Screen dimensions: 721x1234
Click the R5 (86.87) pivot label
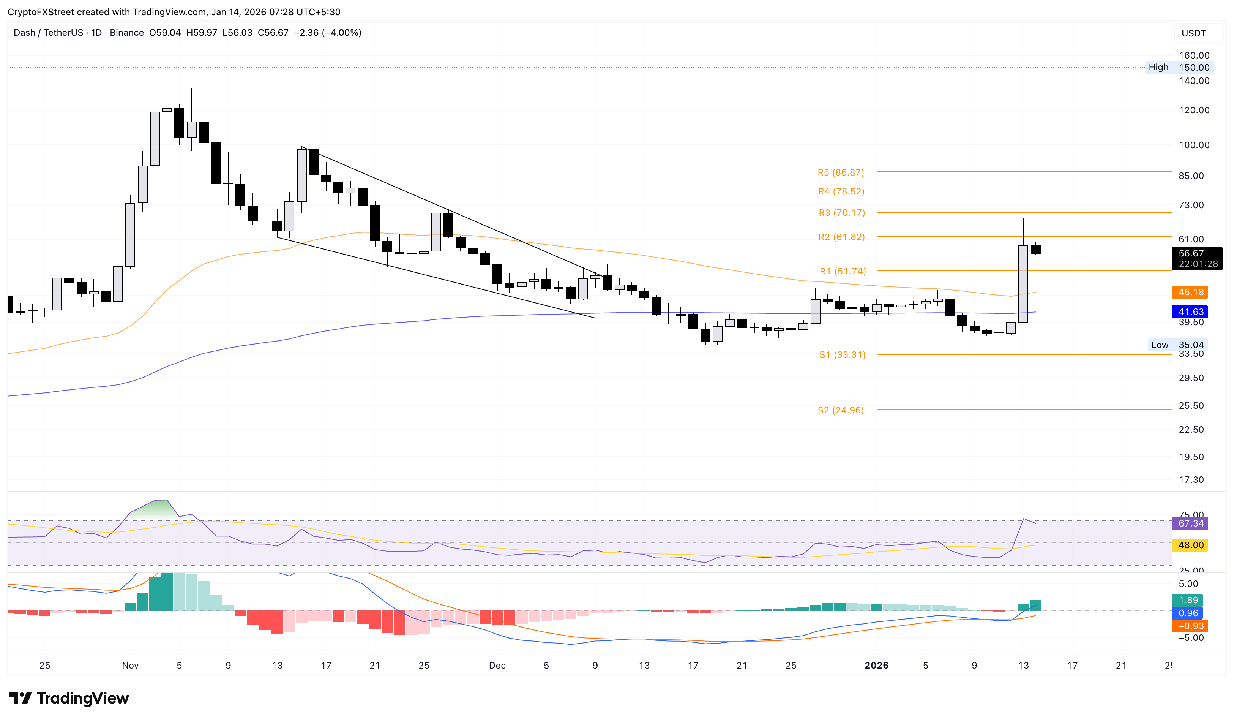tap(840, 172)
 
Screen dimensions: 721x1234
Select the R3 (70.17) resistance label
tap(841, 213)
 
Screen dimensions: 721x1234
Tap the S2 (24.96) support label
tap(840, 410)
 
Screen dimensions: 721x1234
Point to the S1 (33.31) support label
tap(842, 355)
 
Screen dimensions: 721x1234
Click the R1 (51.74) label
tap(842, 271)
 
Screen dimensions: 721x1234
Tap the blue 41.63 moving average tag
tap(1190, 312)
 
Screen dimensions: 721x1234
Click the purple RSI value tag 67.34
tap(1190, 523)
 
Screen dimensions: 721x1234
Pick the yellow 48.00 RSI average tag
tap(1190, 545)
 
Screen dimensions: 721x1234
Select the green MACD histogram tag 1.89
tap(1188, 601)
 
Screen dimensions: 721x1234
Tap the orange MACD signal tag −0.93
tap(1190, 626)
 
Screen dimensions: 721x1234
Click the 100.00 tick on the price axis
tap(1193, 145)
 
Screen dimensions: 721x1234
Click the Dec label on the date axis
tap(497, 666)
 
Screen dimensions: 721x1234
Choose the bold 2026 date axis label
tap(876, 666)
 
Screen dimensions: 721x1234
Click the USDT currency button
tap(1193, 33)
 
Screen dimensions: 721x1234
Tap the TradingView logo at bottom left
tap(69, 698)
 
